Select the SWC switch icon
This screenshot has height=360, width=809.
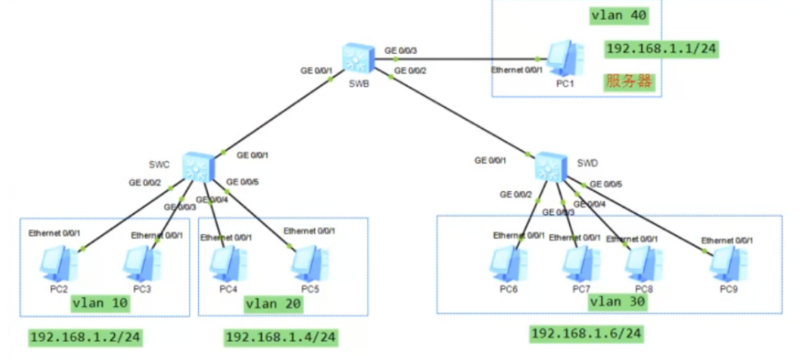coord(196,165)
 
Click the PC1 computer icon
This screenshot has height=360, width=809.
coord(563,58)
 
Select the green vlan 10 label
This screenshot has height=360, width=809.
coord(99,304)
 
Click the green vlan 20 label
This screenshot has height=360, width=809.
coord(273,304)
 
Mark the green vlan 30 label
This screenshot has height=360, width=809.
coord(616,303)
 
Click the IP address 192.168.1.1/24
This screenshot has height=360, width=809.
coord(660,49)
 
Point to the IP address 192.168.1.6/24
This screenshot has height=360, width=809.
coord(585,333)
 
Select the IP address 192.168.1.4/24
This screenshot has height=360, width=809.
coord(281,337)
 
